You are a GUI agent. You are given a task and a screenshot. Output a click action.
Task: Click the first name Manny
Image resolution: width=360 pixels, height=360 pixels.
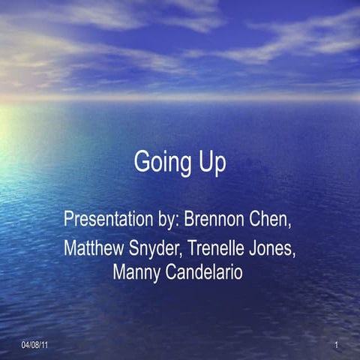pyautogui.click(x=133, y=272)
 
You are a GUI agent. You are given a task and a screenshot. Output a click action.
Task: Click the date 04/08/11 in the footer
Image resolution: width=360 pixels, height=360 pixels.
pyautogui.click(x=34, y=344)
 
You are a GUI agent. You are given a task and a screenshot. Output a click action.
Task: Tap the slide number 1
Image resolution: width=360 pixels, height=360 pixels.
pyautogui.click(x=337, y=344)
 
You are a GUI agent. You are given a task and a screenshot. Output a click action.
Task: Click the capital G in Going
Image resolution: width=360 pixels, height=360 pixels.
pyautogui.click(x=142, y=162)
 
